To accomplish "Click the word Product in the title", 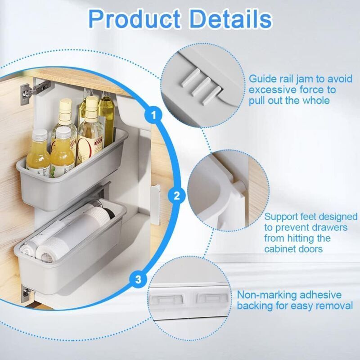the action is pyautogui.click(x=134, y=19).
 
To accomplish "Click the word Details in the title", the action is pyautogui.click(x=231, y=19).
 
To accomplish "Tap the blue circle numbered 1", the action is pyautogui.click(x=153, y=115).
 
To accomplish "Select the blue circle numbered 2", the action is pyautogui.click(x=176, y=196).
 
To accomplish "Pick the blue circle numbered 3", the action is pyautogui.click(x=138, y=279).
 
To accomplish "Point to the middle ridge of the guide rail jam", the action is pyautogui.click(x=202, y=86).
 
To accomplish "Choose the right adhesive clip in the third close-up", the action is pyautogui.click(x=212, y=298).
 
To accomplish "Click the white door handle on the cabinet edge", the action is pyautogui.click(x=155, y=204).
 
